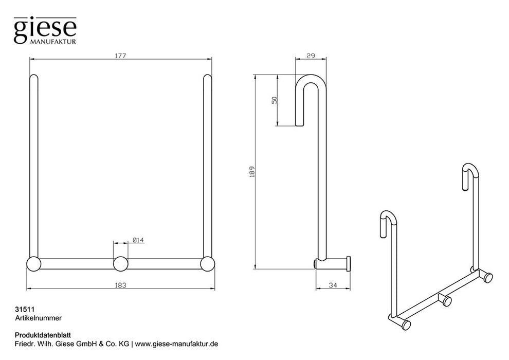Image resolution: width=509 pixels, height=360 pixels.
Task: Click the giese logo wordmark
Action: point(45,29)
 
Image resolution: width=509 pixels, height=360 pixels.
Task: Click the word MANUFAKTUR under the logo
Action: point(53,42)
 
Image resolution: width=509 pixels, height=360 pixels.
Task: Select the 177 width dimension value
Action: point(120,56)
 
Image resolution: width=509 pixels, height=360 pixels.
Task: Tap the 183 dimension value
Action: point(120,285)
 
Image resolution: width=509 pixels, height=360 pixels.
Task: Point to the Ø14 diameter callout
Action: point(138,240)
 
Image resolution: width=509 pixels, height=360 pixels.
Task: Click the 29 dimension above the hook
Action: point(311,56)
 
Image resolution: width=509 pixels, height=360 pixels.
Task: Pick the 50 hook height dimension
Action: point(275,100)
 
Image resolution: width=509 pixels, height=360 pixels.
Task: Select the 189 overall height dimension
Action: point(252,171)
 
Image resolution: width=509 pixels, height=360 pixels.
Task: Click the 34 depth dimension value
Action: point(333,285)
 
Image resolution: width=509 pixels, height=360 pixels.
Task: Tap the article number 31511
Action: point(25,310)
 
